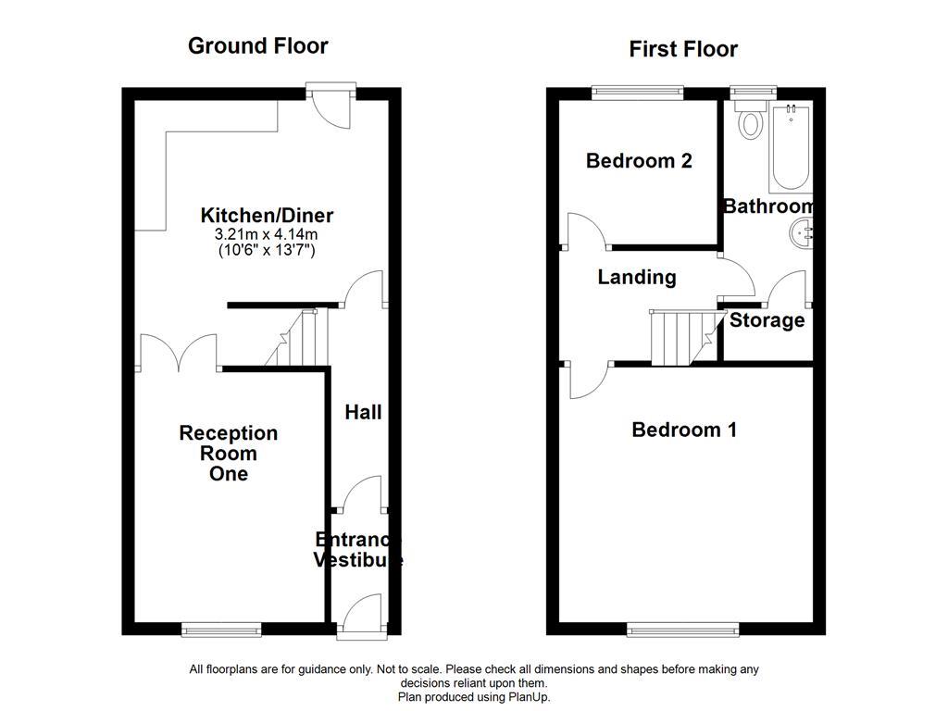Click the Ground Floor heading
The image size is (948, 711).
[257, 45]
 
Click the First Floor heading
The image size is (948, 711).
[683, 49]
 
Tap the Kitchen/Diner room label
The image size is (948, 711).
[267, 216]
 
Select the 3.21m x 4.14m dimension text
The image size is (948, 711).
[267, 233]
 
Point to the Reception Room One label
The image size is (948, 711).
[228, 453]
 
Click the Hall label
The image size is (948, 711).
[363, 412]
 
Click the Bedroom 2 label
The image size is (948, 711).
[639, 161]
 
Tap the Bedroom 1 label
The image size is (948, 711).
[683, 430]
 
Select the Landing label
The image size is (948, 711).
[636, 277]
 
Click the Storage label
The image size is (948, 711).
[767, 320]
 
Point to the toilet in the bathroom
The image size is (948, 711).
[749, 122]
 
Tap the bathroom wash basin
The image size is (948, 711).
[801, 233]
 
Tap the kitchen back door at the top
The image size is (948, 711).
[331, 104]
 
